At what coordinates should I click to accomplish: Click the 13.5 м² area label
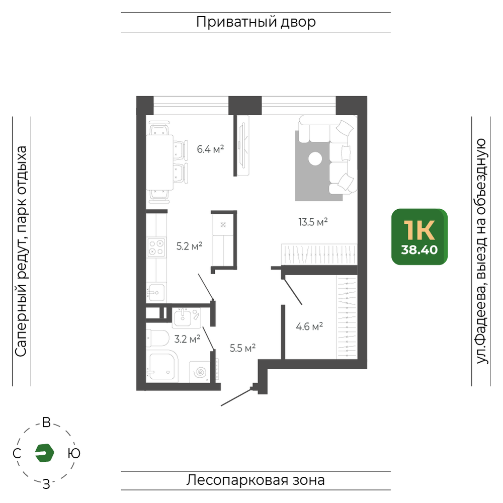pos(313,222)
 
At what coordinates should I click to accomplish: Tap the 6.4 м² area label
pos(210,149)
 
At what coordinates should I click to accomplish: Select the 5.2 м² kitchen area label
pos(189,246)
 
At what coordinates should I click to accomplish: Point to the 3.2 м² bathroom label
pos(187,339)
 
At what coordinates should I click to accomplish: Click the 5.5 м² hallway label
pos(242,348)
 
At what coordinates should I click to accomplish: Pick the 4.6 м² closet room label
pos(309,326)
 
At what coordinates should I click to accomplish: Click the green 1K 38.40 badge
pos(420,237)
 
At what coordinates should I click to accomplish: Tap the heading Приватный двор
pos(256,22)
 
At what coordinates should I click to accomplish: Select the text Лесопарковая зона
pos(256,480)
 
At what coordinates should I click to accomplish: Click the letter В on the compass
pos(46,423)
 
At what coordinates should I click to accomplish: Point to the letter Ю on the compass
pos(74,453)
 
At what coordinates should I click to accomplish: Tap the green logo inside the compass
pos(44,453)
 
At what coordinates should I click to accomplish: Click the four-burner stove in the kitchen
pos(156,247)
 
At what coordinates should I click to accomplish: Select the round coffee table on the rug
pos(315,159)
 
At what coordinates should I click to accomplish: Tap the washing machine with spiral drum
pos(200,372)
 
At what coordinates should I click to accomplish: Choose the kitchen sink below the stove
pos(156,292)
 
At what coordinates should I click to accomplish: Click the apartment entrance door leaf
pos(236,397)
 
